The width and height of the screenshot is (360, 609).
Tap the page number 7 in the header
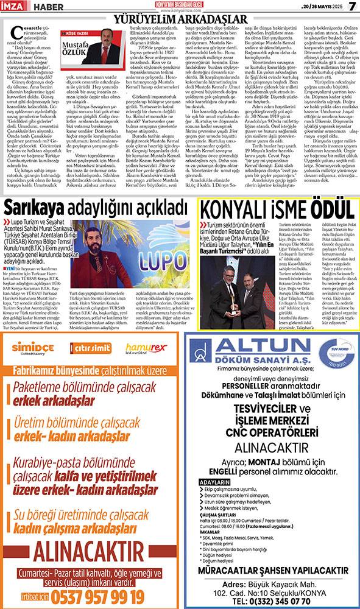click(x=351, y=6)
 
